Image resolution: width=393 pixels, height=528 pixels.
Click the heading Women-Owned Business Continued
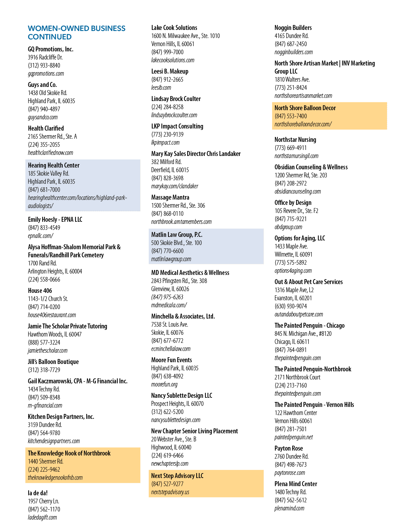pos(76,33)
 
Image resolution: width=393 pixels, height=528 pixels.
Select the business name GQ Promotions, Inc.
pos(50,49)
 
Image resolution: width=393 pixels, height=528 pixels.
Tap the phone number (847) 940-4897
pos(44,109)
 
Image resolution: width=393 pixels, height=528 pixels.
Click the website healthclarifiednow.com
pos(50,152)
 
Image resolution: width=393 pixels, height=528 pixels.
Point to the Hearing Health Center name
pos(54,165)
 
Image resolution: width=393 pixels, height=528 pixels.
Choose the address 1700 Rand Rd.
pos(42,263)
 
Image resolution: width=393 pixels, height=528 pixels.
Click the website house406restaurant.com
pos(52,315)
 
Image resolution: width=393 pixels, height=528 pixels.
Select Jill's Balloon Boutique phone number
pos(44,370)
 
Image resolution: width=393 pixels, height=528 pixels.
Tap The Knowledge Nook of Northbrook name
pos(69,453)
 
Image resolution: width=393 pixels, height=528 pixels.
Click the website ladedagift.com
pos(42,517)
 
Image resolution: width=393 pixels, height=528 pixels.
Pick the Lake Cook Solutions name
pos(174,27)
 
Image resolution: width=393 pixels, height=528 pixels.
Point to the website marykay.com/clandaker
pos(174,186)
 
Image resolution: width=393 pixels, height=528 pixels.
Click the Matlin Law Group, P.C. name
pos(177,235)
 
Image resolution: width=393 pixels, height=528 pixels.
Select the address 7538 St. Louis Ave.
pos(170,324)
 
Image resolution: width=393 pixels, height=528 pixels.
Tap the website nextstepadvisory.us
pos(170,492)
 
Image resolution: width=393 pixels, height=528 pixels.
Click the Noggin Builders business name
pos(293,27)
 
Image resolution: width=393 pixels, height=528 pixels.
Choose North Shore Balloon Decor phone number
pos(291,116)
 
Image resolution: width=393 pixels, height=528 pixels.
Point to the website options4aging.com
pos(293,270)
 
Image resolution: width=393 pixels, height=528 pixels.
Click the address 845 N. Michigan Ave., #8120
pos(303,333)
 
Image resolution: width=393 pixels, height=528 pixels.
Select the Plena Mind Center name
pos(296,484)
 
